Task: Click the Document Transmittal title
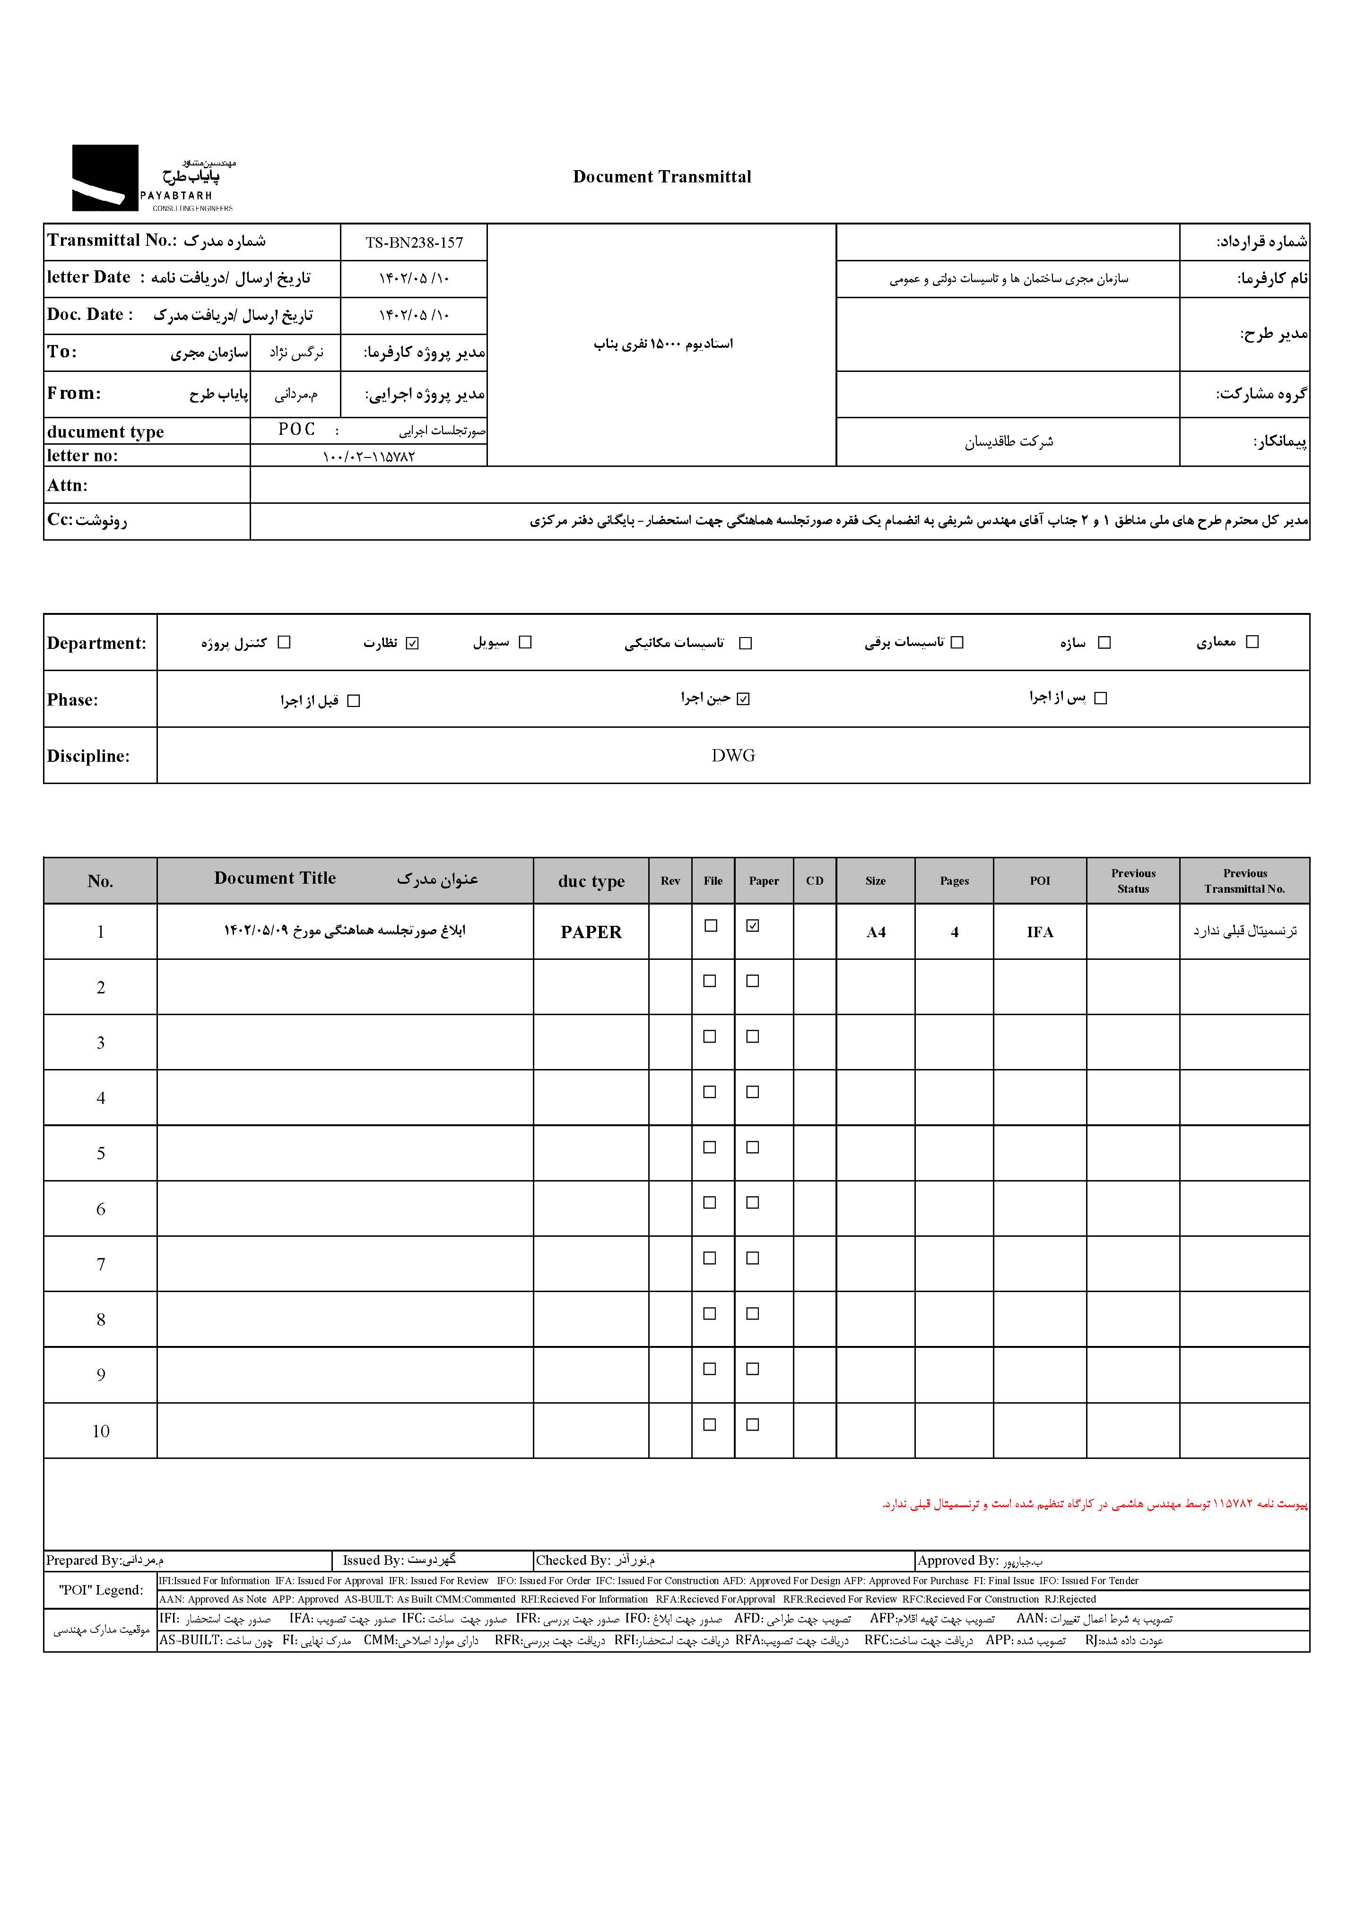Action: (x=662, y=177)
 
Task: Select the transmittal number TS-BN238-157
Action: (x=414, y=242)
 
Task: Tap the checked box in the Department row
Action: (x=413, y=643)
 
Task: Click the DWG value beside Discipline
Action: (x=732, y=755)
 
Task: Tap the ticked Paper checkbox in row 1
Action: (x=753, y=926)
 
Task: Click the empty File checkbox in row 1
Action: (x=711, y=926)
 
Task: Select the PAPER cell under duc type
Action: (x=591, y=932)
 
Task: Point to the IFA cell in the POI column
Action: (x=1040, y=932)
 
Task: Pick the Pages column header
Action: (x=954, y=881)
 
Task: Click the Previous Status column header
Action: (x=1133, y=881)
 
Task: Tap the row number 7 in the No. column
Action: (x=101, y=1264)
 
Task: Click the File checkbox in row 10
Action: (x=710, y=1424)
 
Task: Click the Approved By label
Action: (x=957, y=1561)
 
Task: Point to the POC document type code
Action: (x=296, y=429)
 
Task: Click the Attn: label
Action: (x=67, y=486)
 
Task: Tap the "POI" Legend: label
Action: (x=101, y=1590)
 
